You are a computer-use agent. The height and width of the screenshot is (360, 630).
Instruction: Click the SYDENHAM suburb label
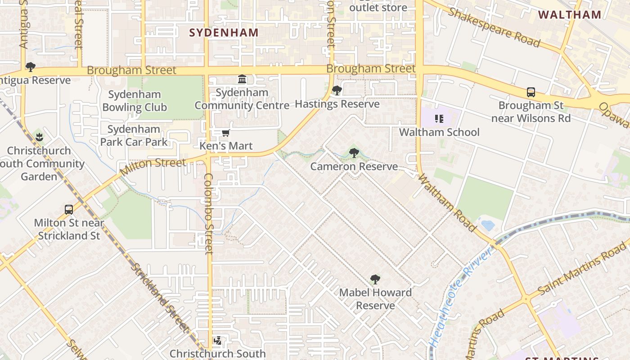[x=224, y=32]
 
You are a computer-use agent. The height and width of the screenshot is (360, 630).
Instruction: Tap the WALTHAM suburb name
[x=569, y=14]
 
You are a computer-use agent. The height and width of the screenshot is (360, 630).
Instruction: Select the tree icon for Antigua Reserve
[x=31, y=67]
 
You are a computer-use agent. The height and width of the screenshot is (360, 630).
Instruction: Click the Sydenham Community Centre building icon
[x=242, y=79]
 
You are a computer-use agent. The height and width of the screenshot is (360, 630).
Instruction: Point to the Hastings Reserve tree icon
[x=337, y=90]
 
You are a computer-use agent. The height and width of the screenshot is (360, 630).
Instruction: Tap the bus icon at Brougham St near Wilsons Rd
[x=531, y=92]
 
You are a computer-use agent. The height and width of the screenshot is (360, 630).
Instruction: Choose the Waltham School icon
[x=439, y=119]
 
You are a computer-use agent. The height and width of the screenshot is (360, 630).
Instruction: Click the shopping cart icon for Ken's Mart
[x=226, y=133]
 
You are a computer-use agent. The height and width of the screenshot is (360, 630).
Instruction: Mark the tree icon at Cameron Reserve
[x=354, y=153]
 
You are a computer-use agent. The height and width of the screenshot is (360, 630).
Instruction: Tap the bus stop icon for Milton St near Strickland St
[x=69, y=209]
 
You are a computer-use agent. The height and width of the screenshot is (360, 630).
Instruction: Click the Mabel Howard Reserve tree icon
[x=375, y=279]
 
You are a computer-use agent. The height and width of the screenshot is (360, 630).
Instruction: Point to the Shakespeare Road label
[x=493, y=27]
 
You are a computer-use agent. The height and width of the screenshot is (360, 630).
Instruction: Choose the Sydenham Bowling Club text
[x=135, y=101]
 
